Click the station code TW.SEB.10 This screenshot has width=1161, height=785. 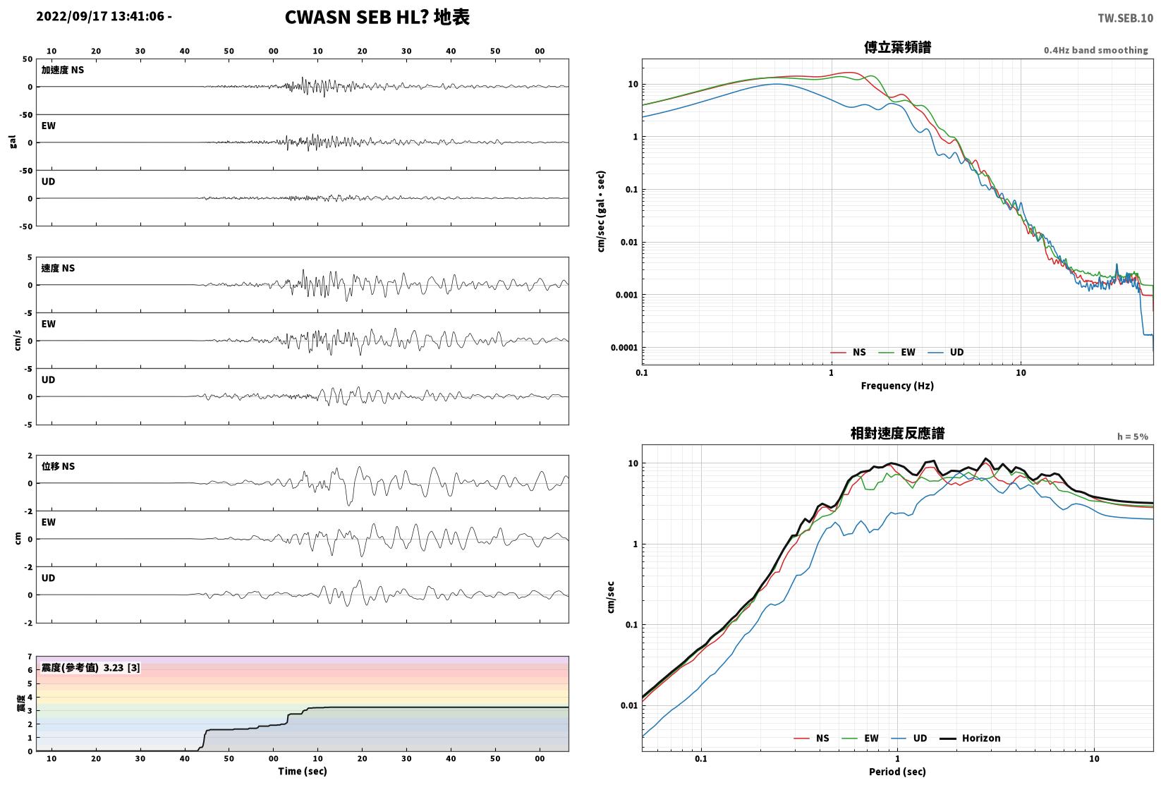pyautogui.click(x=1125, y=18)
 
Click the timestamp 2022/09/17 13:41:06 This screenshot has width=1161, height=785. pyautogui.click(x=100, y=16)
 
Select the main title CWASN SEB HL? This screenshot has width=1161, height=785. pyautogui.click(x=357, y=17)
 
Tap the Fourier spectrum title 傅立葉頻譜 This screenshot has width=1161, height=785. pyautogui.click(x=897, y=47)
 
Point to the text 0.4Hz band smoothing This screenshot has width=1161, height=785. pyautogui.click(x=1095, y=50)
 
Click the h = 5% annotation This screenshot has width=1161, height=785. pyautogui.click(x=1133, y=437)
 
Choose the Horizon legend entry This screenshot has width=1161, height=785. pyautogui.click(x=971, y=738)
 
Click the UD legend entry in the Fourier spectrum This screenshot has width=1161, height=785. pyautogui.click(x=946, y=353)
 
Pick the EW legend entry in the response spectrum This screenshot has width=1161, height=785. pyautogui.click(x=861, y=738)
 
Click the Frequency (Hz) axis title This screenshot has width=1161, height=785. pyautogui.click(x=897, y=386)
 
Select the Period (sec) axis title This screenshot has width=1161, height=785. pyautogui.click(x=897, y=772)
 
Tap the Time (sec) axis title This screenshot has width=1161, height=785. pyautogui.click(x=302, y=771)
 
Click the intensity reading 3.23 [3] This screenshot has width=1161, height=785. pyautogui.click(x=121, y=667)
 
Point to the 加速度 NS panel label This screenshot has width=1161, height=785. pyautogui.click(x=63, y=70)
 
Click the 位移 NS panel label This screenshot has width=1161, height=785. pyautogui.click(x=58, y=466)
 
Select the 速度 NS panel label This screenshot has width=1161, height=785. pyautogui.click(x=58, y=268)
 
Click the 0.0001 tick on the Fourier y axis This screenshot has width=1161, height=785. pyautogui.click(x=624, y=347)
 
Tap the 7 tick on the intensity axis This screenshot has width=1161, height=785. pyautogui.click(x=30, y=657)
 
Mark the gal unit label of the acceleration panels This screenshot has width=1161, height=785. pyautogui.click(x=13, y=142)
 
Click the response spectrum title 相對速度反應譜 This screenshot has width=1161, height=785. pyautogui.click(x=897, y=433)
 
